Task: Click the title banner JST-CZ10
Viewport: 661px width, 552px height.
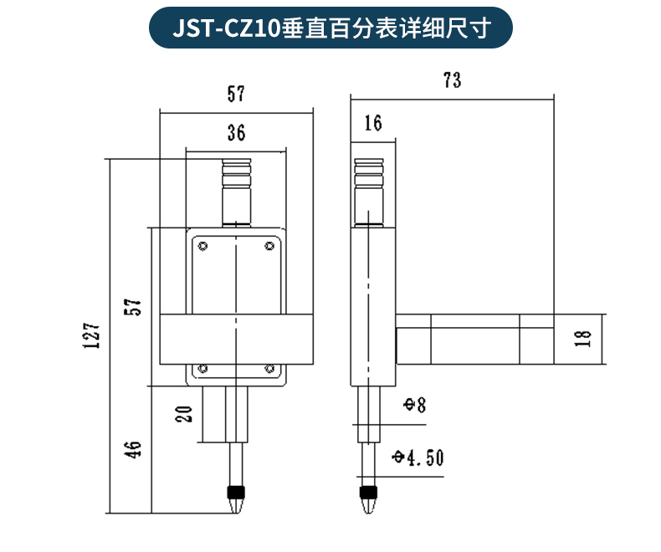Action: click(x=330, y=28)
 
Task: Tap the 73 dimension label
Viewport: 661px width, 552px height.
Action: click(x=453, y=80)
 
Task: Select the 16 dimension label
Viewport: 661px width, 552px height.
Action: click(x=373, y=123)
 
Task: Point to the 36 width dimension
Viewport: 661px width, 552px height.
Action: click(x=236, y=132)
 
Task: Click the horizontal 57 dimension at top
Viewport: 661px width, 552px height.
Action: click(x=236, y=94)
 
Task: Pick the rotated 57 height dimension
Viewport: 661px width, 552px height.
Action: click(x=132, y=307)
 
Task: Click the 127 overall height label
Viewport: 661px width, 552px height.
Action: click(x=91, y=336)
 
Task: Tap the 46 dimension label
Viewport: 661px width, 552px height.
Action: click(x=132, y=450)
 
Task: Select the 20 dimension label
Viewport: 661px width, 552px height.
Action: click(x=184, y=414)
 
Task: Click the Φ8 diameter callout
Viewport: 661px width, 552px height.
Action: click(x=415, y=405)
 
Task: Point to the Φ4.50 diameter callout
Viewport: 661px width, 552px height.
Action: click(x=418, y=457)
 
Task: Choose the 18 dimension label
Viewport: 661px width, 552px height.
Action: click(x=583, y=339)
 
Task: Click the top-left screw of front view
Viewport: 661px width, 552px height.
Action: click(x=203, y=246)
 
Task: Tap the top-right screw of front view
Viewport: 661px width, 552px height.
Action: click(x=269, y=246)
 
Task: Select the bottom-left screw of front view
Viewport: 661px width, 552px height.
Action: click(x=203, y=369)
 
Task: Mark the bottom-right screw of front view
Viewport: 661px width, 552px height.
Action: click(x=269, y=369)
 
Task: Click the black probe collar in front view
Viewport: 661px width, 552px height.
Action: click(x=236, y=492)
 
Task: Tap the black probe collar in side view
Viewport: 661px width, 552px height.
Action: click(x=368, y=492)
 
